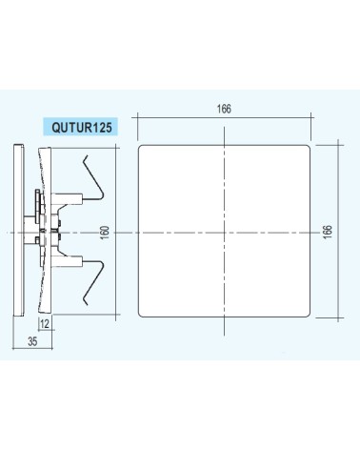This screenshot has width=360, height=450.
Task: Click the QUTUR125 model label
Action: [x=82, y=128]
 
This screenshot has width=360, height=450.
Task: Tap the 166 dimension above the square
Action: [x=224, y=109]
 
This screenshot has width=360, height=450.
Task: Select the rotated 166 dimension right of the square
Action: [x=328, y=232]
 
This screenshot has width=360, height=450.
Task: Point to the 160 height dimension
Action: [x=105, y=233]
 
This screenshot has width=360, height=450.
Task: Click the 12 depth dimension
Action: [x=45, y=324]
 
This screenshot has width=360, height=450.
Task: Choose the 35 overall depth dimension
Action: [x=32, y=341]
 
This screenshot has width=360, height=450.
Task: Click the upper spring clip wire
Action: [x=93, y=178]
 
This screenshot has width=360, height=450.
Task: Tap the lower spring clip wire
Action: [x=93, y=283]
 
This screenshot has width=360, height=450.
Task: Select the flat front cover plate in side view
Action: [x=18, y=230]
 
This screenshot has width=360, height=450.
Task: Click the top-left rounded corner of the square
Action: [x=140, y=147]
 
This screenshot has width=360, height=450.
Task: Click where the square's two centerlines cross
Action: [x=224, y=233]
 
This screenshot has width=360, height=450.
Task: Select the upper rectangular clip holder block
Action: [x=67, y=198]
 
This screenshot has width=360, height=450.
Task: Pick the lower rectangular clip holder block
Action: [x=67, y=261]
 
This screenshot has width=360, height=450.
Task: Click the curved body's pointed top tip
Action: [x=39, y=149]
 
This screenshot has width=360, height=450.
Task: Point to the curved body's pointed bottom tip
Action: [x=39, y=311]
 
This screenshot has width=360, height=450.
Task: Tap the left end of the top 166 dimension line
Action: [x=138, y=117]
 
